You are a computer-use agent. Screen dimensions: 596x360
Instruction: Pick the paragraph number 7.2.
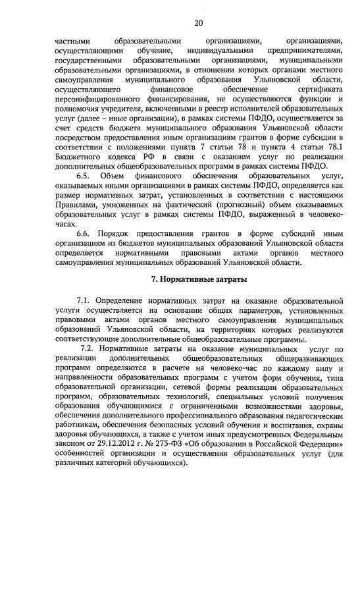pos(89,347)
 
